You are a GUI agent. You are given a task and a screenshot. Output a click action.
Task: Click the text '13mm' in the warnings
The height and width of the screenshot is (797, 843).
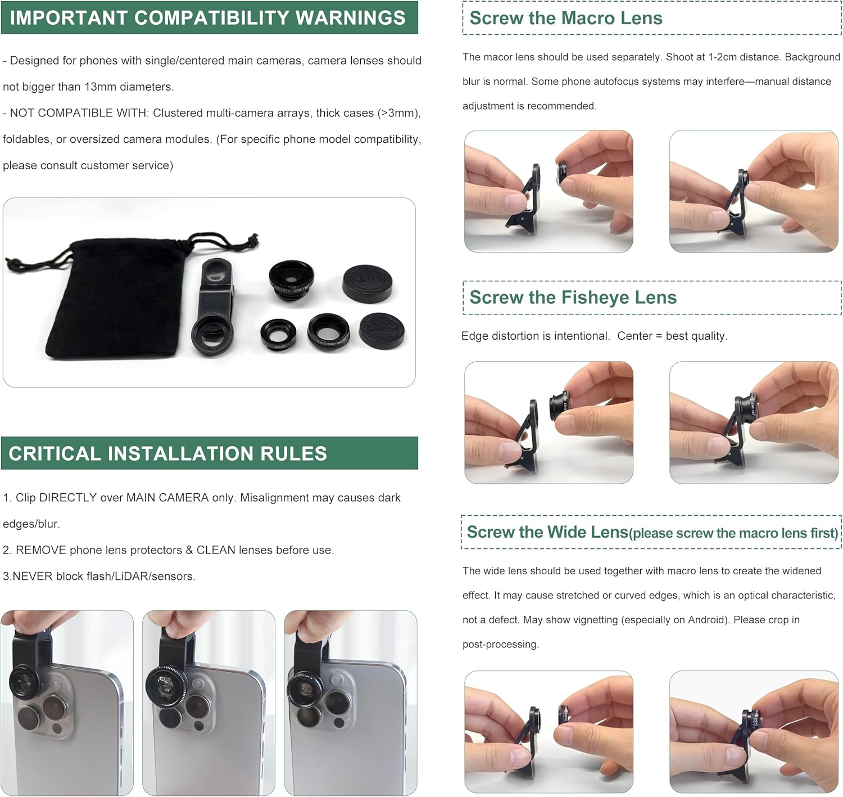point(99,87)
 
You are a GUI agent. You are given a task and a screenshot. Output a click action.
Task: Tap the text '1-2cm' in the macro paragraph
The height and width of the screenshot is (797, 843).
point(723,57)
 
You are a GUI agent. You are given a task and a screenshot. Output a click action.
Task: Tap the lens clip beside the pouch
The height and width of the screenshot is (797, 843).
point(214,307)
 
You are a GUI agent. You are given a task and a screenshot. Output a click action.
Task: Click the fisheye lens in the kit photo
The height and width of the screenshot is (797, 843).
point(292,280)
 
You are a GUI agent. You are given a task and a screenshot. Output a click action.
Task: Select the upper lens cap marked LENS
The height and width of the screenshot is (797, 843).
point(367,284)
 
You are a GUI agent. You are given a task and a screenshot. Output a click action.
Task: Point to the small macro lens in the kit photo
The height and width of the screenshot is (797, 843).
point(278,334)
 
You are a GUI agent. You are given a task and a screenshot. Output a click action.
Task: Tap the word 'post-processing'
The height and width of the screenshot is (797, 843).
point(501,645)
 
